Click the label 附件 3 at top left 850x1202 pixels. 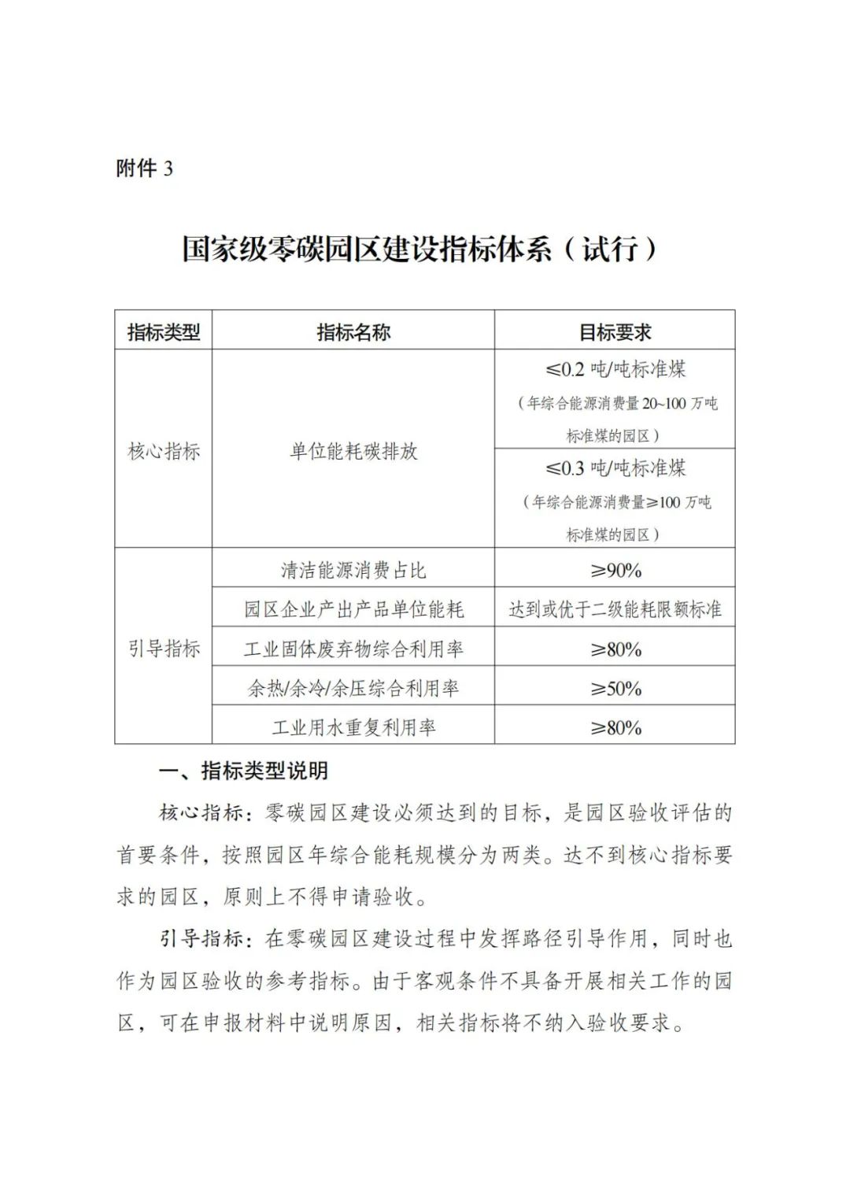[144, 168]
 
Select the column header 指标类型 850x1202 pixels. [164, 332]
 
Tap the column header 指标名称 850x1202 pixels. [353, 332]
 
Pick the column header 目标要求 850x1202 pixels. [615, 332]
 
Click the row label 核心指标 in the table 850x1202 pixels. [164, 452]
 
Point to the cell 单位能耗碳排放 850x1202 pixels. [353, 452]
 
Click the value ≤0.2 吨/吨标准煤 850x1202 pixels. [615, 369]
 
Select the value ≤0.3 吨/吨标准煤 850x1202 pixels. [615, 468]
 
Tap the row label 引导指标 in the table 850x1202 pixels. [164, 649]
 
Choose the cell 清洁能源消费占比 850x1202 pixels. [353, 570]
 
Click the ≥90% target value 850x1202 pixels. [615, 570]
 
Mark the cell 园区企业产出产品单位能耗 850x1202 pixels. [353, 609]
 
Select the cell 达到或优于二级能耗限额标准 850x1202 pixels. [615, 609]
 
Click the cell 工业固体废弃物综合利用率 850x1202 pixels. [353, 649]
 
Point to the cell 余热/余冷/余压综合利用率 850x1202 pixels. [353, 689]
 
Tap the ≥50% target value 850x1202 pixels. [615, 689]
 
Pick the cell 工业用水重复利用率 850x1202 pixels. [353, 727]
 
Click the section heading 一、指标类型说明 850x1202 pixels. [243, 771]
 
